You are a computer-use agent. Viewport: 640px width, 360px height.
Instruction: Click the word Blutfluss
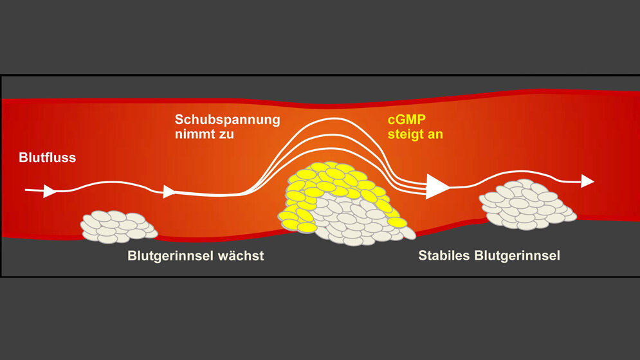click(x=48, y=157)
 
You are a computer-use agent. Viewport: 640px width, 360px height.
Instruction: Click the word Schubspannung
click(x=227, y=120)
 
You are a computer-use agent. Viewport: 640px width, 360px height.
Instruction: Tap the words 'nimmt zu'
click(x=205, y=135)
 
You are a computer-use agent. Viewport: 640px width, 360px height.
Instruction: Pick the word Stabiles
click(x=444, y=255)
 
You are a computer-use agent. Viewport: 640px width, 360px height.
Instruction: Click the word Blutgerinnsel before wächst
click(x=169, y=256)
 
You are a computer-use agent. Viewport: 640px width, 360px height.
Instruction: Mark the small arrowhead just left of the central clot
click(x=169, y=191)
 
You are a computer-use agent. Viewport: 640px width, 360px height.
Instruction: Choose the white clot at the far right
click(x=526, y=204)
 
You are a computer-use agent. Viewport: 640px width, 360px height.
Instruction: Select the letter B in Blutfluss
click(x=23, y=157)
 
